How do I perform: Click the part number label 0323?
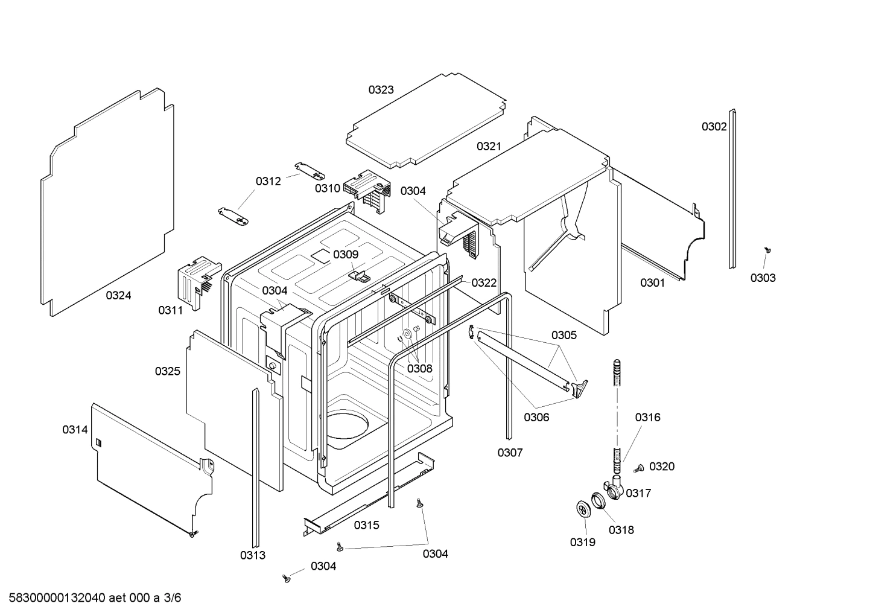[x=381, y=90]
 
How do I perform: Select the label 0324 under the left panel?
[x=118, y=295]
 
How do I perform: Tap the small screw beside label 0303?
[x=768, y=249]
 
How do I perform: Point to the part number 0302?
[x=714, y=127]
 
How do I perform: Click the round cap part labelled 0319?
[x=583, y=509]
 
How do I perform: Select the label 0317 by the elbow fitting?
[x=638, y=493]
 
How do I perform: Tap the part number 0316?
[x=647, y=417]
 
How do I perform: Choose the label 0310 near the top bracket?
[x=327, y=188]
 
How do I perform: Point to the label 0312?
[x=268, y=181]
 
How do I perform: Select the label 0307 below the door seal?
[x=510, y=452]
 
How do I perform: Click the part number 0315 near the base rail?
[x=366, y=525]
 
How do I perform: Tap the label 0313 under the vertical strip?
[x=252, y=555]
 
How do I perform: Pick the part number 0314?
[x=75, y=430]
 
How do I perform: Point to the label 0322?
[x=484, y=282]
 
